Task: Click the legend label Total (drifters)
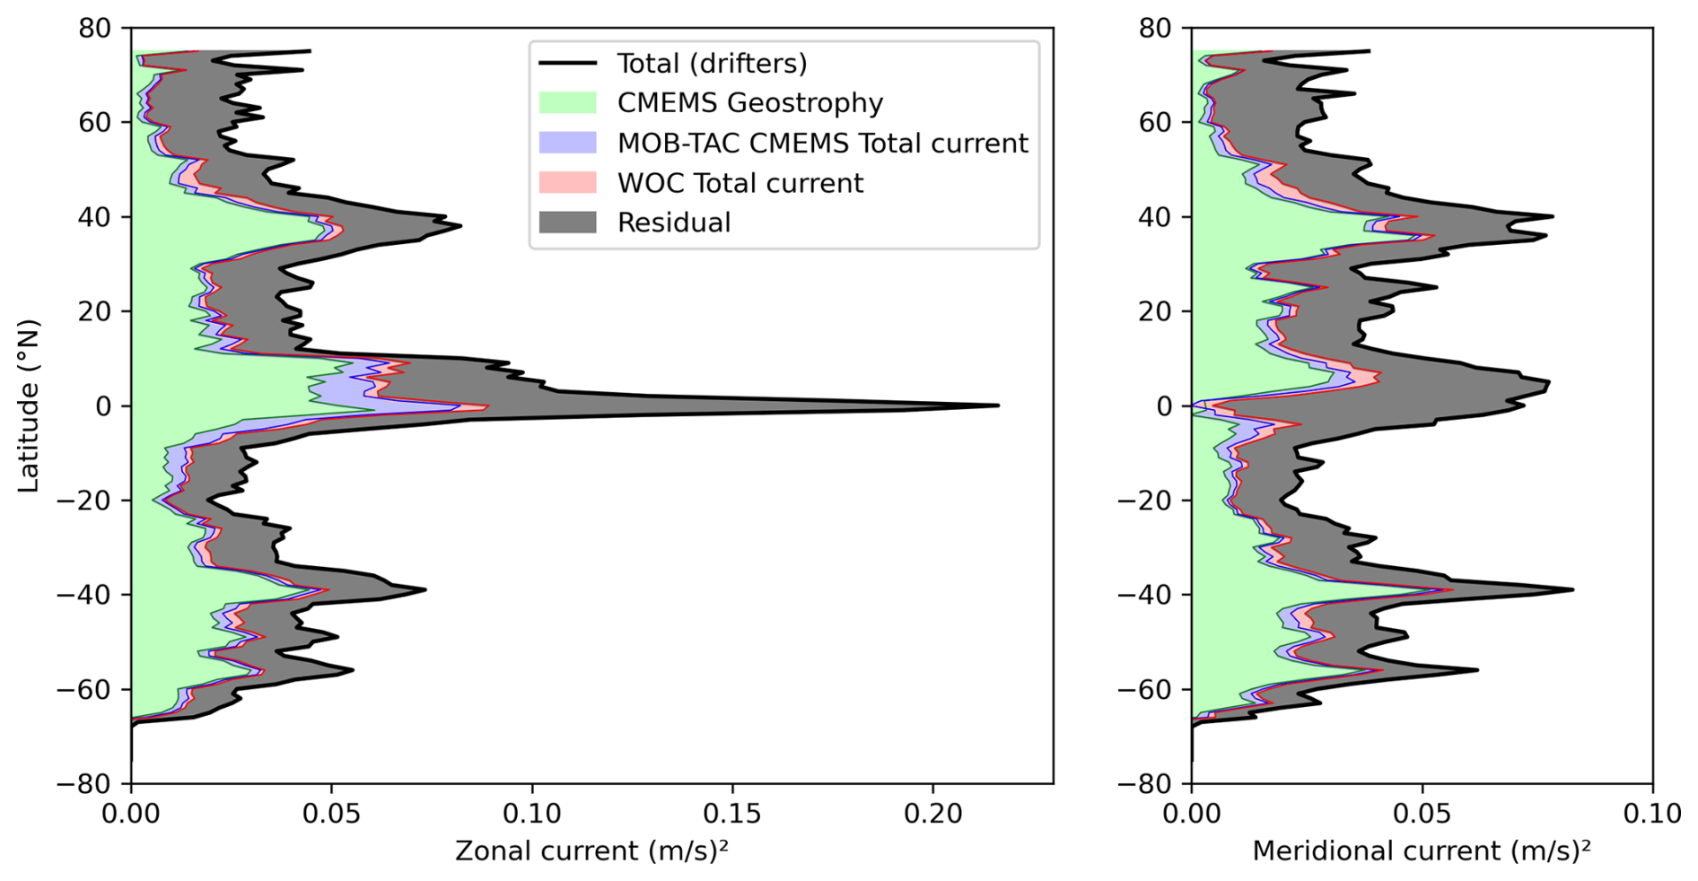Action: (712, 64)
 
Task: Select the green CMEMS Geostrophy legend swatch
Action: (567, 102)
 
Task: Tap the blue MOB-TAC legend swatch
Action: (567, 143)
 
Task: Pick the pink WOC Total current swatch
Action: (567, 182)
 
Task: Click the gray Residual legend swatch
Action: (567, 222)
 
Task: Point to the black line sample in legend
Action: (567, 64)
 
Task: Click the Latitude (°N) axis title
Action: (29, 406)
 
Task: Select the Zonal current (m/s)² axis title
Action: (591, 850)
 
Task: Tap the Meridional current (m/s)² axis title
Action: (1422, 850)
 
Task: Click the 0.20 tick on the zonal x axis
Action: (932, 814)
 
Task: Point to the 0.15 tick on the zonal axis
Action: (731, 814)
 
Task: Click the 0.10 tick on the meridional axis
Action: (1652, 814)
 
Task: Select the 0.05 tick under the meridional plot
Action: (1422, 814)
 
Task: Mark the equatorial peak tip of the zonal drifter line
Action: (998, 406)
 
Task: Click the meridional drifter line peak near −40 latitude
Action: (1572, 589)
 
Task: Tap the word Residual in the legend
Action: (674, 222)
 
